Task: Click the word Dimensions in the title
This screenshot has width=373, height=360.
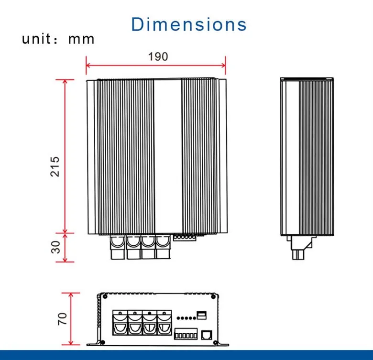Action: coord(189,24)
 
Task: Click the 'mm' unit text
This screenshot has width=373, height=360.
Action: coord(81,40)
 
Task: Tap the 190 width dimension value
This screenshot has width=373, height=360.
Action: coord(158,56)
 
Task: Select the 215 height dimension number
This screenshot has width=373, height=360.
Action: coord(55,166)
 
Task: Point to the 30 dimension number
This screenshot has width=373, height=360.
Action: coord(55,247)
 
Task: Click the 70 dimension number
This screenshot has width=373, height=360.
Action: coord(62,319)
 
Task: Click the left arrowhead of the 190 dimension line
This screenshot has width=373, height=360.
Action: coord(88,65)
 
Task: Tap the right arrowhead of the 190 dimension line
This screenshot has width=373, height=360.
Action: coord(223,65)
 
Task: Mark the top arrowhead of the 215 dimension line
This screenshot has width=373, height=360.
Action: coord(65,82)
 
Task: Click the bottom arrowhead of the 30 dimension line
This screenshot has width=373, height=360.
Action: coord(65,260)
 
